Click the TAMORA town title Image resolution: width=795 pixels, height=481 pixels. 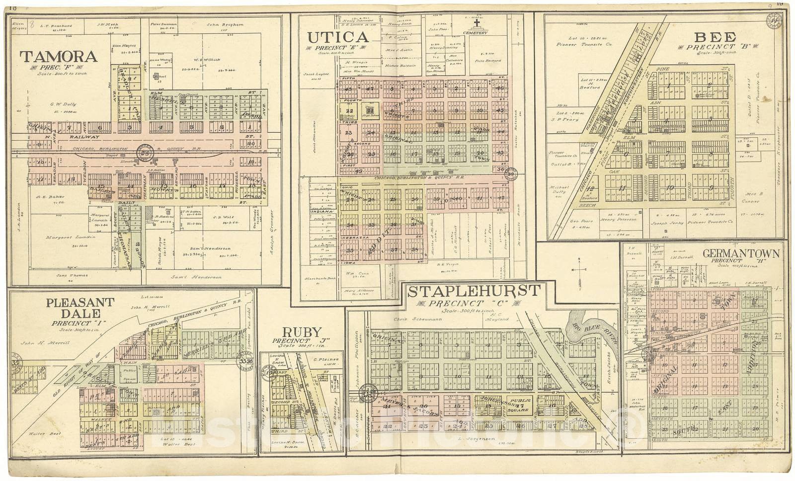pos(58,56)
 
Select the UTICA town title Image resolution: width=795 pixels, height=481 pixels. pos(338,37)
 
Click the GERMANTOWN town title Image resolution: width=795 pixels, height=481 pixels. pos(740,253)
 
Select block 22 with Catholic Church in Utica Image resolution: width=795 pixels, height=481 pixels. pos(349,112)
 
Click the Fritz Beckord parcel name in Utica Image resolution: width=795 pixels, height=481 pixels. pos(490,61)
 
